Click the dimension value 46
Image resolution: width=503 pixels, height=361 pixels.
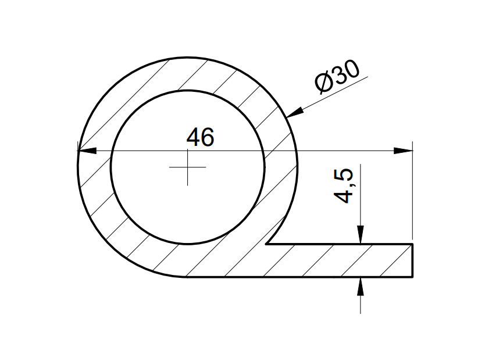coord(200,137)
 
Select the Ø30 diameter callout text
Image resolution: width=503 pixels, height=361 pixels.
coord(337,76)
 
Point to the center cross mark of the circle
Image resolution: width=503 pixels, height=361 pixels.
coord(188,167)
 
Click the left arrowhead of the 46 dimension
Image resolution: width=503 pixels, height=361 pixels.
coord(87,151)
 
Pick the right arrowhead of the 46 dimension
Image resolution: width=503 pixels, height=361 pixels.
coord(403,151)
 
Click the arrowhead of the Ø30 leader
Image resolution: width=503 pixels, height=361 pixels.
coord(294,113)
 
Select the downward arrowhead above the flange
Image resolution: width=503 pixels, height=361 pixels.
coord(361,235)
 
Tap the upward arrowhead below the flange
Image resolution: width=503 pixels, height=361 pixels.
coord(361,286)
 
